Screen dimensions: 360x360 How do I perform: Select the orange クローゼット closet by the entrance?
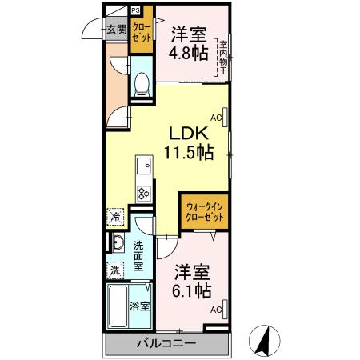pos(142,35)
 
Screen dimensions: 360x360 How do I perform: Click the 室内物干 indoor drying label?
pos(223,55)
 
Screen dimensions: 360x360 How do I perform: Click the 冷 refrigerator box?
pos(115,217)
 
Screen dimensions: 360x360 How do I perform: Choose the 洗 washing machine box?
pos(115,270)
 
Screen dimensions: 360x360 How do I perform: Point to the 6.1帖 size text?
pos(192,289)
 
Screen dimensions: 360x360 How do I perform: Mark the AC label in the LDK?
pos(217,115)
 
